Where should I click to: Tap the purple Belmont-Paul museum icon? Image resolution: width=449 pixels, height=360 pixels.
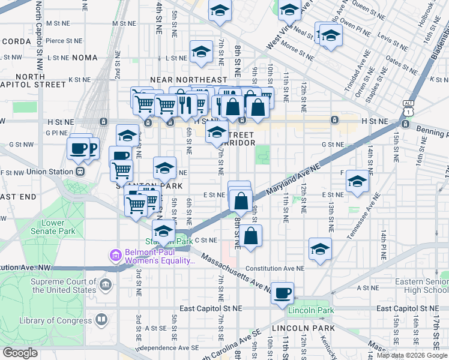pos(115,256)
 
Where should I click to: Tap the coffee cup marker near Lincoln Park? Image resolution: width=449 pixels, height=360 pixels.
pos(282,293)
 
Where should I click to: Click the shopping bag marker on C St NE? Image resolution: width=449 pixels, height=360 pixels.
pos(252,235)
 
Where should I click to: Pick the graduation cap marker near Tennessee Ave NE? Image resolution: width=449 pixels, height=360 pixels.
pos(357,182)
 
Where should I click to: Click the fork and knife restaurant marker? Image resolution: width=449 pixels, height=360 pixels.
pos(185,105)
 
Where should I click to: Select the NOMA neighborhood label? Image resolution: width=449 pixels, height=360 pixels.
pos(84,58)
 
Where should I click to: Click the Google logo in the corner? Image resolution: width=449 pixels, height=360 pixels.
pos(20,353)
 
